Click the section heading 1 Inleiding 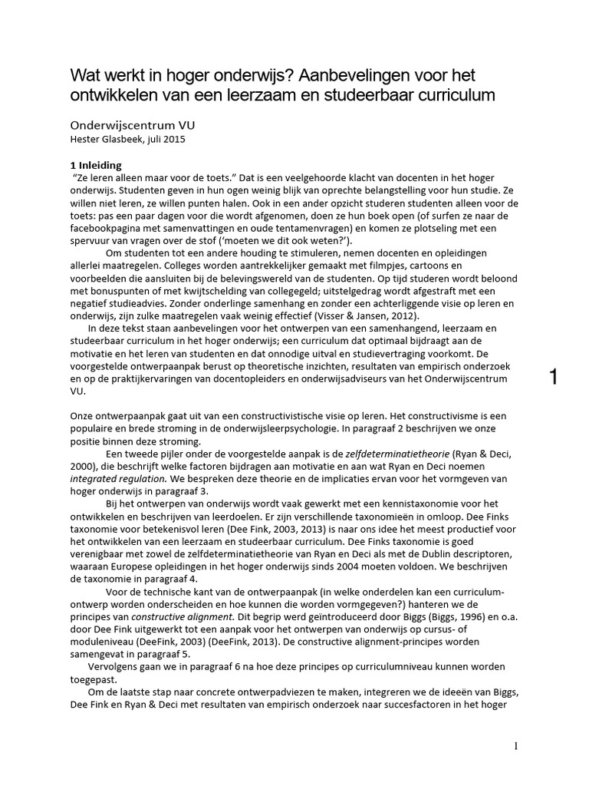[101, 165]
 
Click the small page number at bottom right [517, 746]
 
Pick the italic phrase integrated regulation [115, 477]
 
